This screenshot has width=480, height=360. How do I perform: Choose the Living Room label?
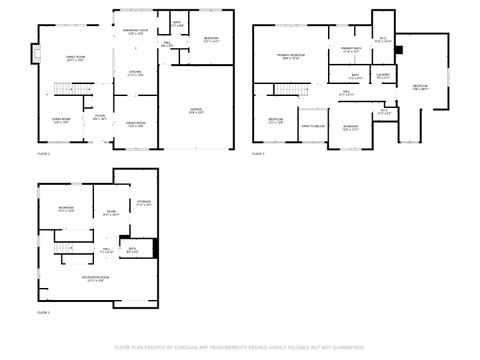coord(61,120)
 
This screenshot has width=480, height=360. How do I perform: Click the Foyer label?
coord(100,117)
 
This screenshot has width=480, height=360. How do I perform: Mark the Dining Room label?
coord(134,124)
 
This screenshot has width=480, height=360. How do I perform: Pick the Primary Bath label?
coord(351,50)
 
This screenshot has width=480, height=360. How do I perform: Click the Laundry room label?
coord(382,76)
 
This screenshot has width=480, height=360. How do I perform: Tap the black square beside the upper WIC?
coord(399,48)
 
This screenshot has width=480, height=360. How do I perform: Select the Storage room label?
coord(143,203)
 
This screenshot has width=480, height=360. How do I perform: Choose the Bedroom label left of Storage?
coord(67,209)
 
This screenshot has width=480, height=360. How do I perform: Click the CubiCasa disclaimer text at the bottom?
coord(239,347)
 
